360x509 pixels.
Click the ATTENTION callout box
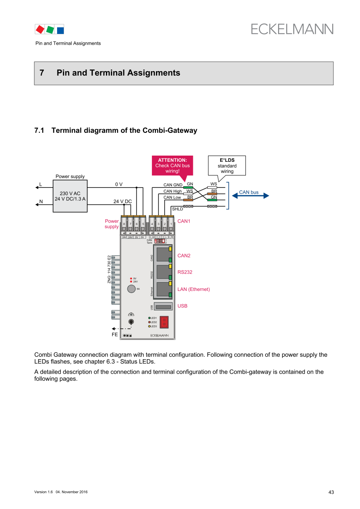tap(173, 166)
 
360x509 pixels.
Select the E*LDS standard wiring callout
tap(227, 166)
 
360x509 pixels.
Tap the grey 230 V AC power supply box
tap(70, 196)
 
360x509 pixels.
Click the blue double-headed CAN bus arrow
tap(249, 196)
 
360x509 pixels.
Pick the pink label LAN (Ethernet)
tap(194, 289)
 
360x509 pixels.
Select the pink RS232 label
tap(185, 272)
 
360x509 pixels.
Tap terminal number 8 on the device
tap(124, 224)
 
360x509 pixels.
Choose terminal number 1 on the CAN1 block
tap(171, 224)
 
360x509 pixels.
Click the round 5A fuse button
tap(132, 289)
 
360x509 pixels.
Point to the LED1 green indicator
tap(149, 318)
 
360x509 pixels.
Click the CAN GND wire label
tap(173, 185)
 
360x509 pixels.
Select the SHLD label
tap(178, 209)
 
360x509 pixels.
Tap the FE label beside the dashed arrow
tap(115, 334)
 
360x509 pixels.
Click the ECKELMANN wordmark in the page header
tap(292, 29)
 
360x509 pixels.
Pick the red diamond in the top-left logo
tap(40, 29)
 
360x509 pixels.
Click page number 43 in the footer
tap(331, 492)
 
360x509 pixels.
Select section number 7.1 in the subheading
tap(39, 131)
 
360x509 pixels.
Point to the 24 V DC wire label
tap(122, 202)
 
